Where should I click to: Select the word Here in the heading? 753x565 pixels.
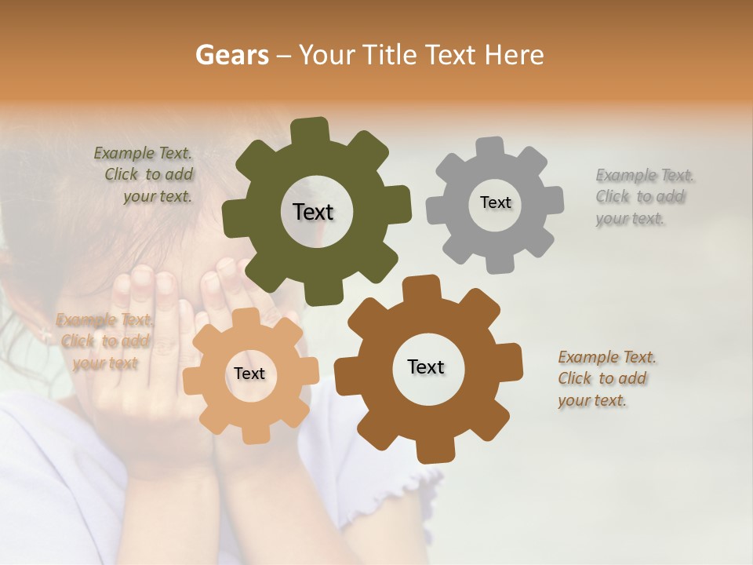514,55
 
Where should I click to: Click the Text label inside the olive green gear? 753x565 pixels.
313,212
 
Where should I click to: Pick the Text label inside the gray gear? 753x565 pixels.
495,202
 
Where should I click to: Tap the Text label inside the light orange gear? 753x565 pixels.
249,374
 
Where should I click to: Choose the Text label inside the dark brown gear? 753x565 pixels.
426,366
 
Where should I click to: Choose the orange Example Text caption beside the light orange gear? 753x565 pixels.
104,341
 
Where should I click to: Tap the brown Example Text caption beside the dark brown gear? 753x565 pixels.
604,378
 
